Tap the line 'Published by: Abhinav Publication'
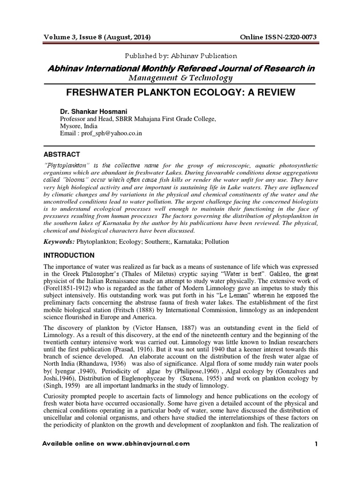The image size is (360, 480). tap(180, 56)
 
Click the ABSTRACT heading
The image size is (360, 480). tap(61, 154)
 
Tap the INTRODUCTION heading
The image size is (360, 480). tap(69, 255)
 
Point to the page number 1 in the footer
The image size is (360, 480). tap(316, 443)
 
